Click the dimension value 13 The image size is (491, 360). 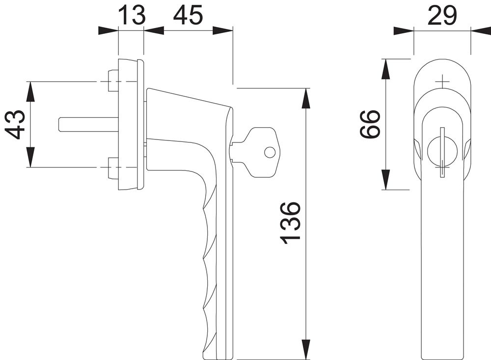(133, 15)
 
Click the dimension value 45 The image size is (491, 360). (188, 15)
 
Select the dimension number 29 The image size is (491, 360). (442, 15)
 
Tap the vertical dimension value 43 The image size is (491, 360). (16, 124)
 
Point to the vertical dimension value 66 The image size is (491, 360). (370, 124)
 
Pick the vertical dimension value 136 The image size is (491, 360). (290, 223)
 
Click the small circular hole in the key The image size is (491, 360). (270, 153)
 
